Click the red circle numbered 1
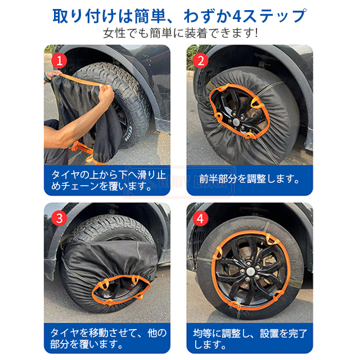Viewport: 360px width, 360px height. click(59, 61)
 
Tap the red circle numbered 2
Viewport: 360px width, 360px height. click(201, 61)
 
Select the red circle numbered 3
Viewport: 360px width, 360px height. click(59, 218)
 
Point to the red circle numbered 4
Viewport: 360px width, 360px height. click(201, 218)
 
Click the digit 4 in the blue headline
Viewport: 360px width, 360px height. click(237, 16)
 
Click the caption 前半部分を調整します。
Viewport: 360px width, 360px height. click(249, 179)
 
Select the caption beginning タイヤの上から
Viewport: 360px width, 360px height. click(109, 180)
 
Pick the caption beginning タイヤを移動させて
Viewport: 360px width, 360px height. click(109, 339)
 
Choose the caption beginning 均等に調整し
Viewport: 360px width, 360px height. click(250, 339)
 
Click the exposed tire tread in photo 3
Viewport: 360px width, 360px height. click(110, 227)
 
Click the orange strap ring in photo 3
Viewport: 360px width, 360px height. click(121, 290)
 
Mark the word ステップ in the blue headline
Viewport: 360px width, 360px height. click(274, 16)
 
